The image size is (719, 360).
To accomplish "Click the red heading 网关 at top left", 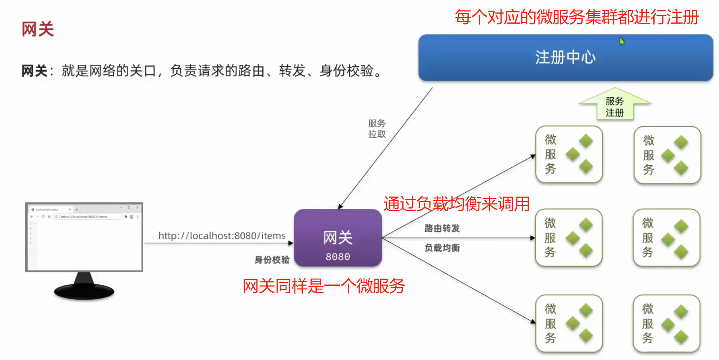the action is coord(38,29).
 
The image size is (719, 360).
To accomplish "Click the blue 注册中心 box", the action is coord(565,57).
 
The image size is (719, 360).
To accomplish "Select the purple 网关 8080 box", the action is coord(338,238).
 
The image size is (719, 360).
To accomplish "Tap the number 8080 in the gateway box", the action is coord(338,257).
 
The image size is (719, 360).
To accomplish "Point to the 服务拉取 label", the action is coord(377,129).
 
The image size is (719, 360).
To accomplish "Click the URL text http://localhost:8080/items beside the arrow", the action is coord(222,236).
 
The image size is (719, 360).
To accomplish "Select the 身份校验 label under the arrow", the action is coord(272,260).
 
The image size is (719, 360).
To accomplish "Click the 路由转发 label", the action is coord(442,228).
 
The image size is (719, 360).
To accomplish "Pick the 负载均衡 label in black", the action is coord(442,248).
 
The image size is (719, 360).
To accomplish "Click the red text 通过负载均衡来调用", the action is coord(457,204).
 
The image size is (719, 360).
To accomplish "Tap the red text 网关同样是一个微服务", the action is coord(324,286).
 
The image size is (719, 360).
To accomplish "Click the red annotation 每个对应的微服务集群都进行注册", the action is coord(577,17).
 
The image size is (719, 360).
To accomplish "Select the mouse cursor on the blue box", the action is coord(621,41).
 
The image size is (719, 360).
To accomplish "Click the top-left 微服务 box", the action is coord(569,154).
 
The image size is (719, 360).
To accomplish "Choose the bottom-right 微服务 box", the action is coord(666,324).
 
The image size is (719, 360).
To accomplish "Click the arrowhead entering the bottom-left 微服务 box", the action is coord(533,321).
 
